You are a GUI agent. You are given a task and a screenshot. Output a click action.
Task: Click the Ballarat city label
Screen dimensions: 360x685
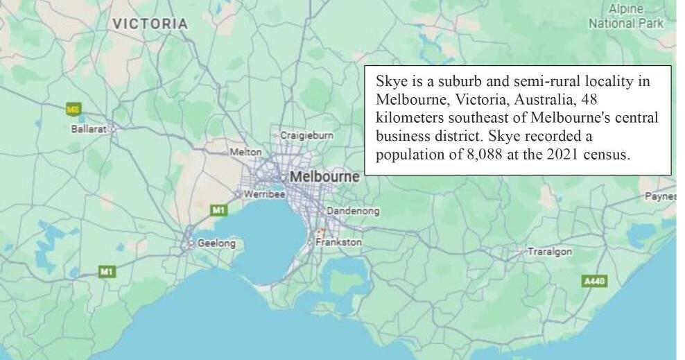pos(87,129)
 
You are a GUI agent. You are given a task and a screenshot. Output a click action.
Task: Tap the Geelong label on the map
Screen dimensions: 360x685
pos(216,243)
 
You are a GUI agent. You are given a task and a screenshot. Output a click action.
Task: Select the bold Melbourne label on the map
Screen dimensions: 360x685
pos(324,177)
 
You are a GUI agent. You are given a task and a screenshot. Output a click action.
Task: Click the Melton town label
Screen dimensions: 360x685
pos(245,152)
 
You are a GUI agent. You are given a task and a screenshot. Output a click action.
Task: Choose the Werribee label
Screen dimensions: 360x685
pos(264,194)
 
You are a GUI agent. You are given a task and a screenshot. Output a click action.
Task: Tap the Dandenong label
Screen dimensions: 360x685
pos(353,211)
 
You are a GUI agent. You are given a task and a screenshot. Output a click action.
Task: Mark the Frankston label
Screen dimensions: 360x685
pos(338,243)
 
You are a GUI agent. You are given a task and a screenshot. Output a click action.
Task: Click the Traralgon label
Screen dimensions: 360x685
pos(550,251)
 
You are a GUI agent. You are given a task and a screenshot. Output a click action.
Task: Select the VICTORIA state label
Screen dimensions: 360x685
pos(150,24)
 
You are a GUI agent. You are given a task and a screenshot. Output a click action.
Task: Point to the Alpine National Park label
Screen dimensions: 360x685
pos(625,17)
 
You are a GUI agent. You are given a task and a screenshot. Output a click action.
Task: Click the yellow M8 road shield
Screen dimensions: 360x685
pos(73,109)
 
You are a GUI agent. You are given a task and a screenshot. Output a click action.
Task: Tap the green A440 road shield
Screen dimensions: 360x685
pos(594,281)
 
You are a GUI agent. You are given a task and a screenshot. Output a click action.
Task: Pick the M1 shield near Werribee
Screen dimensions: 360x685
pos(219,209)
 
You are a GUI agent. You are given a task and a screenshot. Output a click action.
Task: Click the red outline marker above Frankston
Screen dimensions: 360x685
pos(320,232)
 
